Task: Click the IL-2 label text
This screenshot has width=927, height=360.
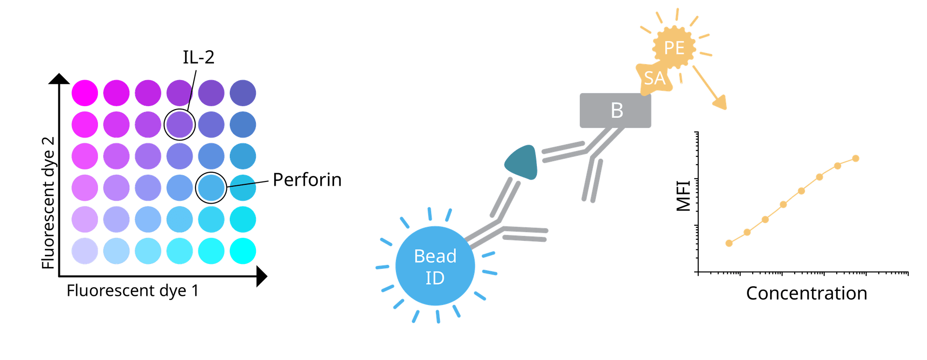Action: pyautogui.click(x=198, y=57)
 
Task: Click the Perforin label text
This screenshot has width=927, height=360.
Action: pyautogui.click(x=307, y=180)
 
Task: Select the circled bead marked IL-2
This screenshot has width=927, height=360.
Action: pyautogui.click(x=180, y=124)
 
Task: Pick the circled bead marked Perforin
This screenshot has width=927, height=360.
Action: pyautogui.click(x=211, y=187)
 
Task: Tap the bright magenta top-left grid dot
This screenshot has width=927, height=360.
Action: pyautogui.click(x=85, y=93)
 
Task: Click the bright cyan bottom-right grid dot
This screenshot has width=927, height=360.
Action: pyautogui.click(x=242, y=251)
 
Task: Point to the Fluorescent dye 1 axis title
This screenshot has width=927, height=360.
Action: pyautogui.click(x=132, y=291)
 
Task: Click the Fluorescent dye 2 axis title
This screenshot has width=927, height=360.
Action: pyautogui.click(x=49, y=203)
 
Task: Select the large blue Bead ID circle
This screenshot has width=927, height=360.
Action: pyautogui.click(x=435, y=266)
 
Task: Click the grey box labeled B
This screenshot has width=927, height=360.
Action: pyautogui.click(x=615, y=111)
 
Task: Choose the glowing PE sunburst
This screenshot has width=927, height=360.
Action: pyautogui.click(x=674, y=48)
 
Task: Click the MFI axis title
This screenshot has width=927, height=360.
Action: pyautogui.click(x=684, y=195)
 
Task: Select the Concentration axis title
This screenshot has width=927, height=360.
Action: pyautogui.click(x=806, y=293)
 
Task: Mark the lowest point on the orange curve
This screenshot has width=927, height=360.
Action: pyautogui.click(x=729, y=243)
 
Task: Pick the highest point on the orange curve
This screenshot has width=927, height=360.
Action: pyautogui.click(x=856, y=158)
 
